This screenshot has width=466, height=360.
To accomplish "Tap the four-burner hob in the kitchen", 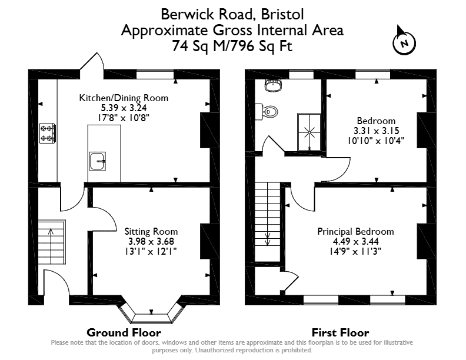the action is point(48,134).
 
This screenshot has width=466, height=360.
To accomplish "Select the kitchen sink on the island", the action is point(98,161).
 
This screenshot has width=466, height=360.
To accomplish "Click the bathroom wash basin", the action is point(273,85).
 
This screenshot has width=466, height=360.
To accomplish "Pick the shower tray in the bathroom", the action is point(309,132).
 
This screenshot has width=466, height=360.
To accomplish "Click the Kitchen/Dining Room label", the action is point(124,98).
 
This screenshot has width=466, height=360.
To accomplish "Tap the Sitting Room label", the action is point(151,231).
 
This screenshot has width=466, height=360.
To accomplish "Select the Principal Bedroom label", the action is point(355,231).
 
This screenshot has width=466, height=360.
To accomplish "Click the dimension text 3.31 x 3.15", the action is point(376,131).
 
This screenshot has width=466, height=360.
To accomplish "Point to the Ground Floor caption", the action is point(124,332).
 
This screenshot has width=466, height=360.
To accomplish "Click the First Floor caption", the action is point(340,332).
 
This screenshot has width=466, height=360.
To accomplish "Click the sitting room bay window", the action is point(151,314).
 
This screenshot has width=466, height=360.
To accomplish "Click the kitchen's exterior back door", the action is point(93,65).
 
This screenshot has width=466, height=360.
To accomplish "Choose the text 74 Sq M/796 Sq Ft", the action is point(232,46).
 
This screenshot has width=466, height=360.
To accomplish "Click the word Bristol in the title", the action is point(282,14).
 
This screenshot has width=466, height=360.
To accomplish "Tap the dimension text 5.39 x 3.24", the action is point(124,108).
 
